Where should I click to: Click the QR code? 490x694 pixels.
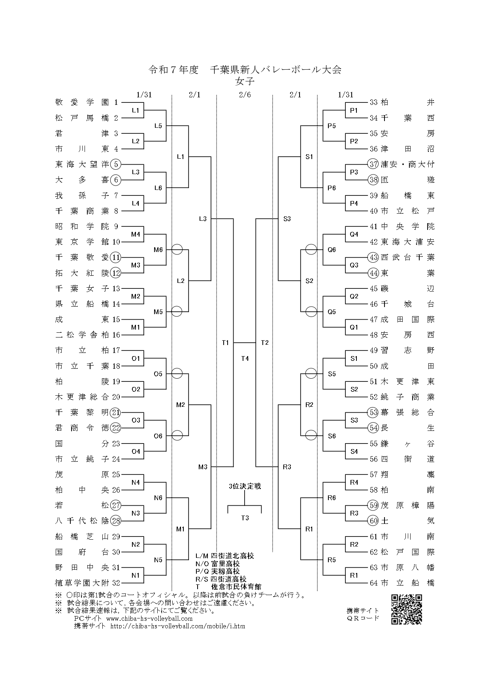click(407, 610)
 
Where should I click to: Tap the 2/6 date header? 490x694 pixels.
click(245, 95)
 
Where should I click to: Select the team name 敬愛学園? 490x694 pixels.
click(82, 102)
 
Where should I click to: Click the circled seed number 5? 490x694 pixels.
click(116, 164)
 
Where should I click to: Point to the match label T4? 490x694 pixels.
click(245, 358)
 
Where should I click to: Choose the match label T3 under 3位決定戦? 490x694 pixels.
click(245, 518)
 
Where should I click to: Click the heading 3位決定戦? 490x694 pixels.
click(245, 486)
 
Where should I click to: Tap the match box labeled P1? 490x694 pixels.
click(354, 110)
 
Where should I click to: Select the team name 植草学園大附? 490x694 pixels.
click(82, 583)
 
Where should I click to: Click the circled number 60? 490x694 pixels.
click(374, 521)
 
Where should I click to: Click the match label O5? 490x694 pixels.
click(158, 374)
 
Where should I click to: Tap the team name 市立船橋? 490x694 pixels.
click(408, 583)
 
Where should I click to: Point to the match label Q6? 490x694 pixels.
click(332, 250)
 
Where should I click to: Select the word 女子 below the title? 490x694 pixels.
click(245, 82)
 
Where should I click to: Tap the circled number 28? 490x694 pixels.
click(116, 521)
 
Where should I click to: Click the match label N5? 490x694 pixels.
click(158, 560)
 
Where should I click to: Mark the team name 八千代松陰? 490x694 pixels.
click(82, 521)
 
